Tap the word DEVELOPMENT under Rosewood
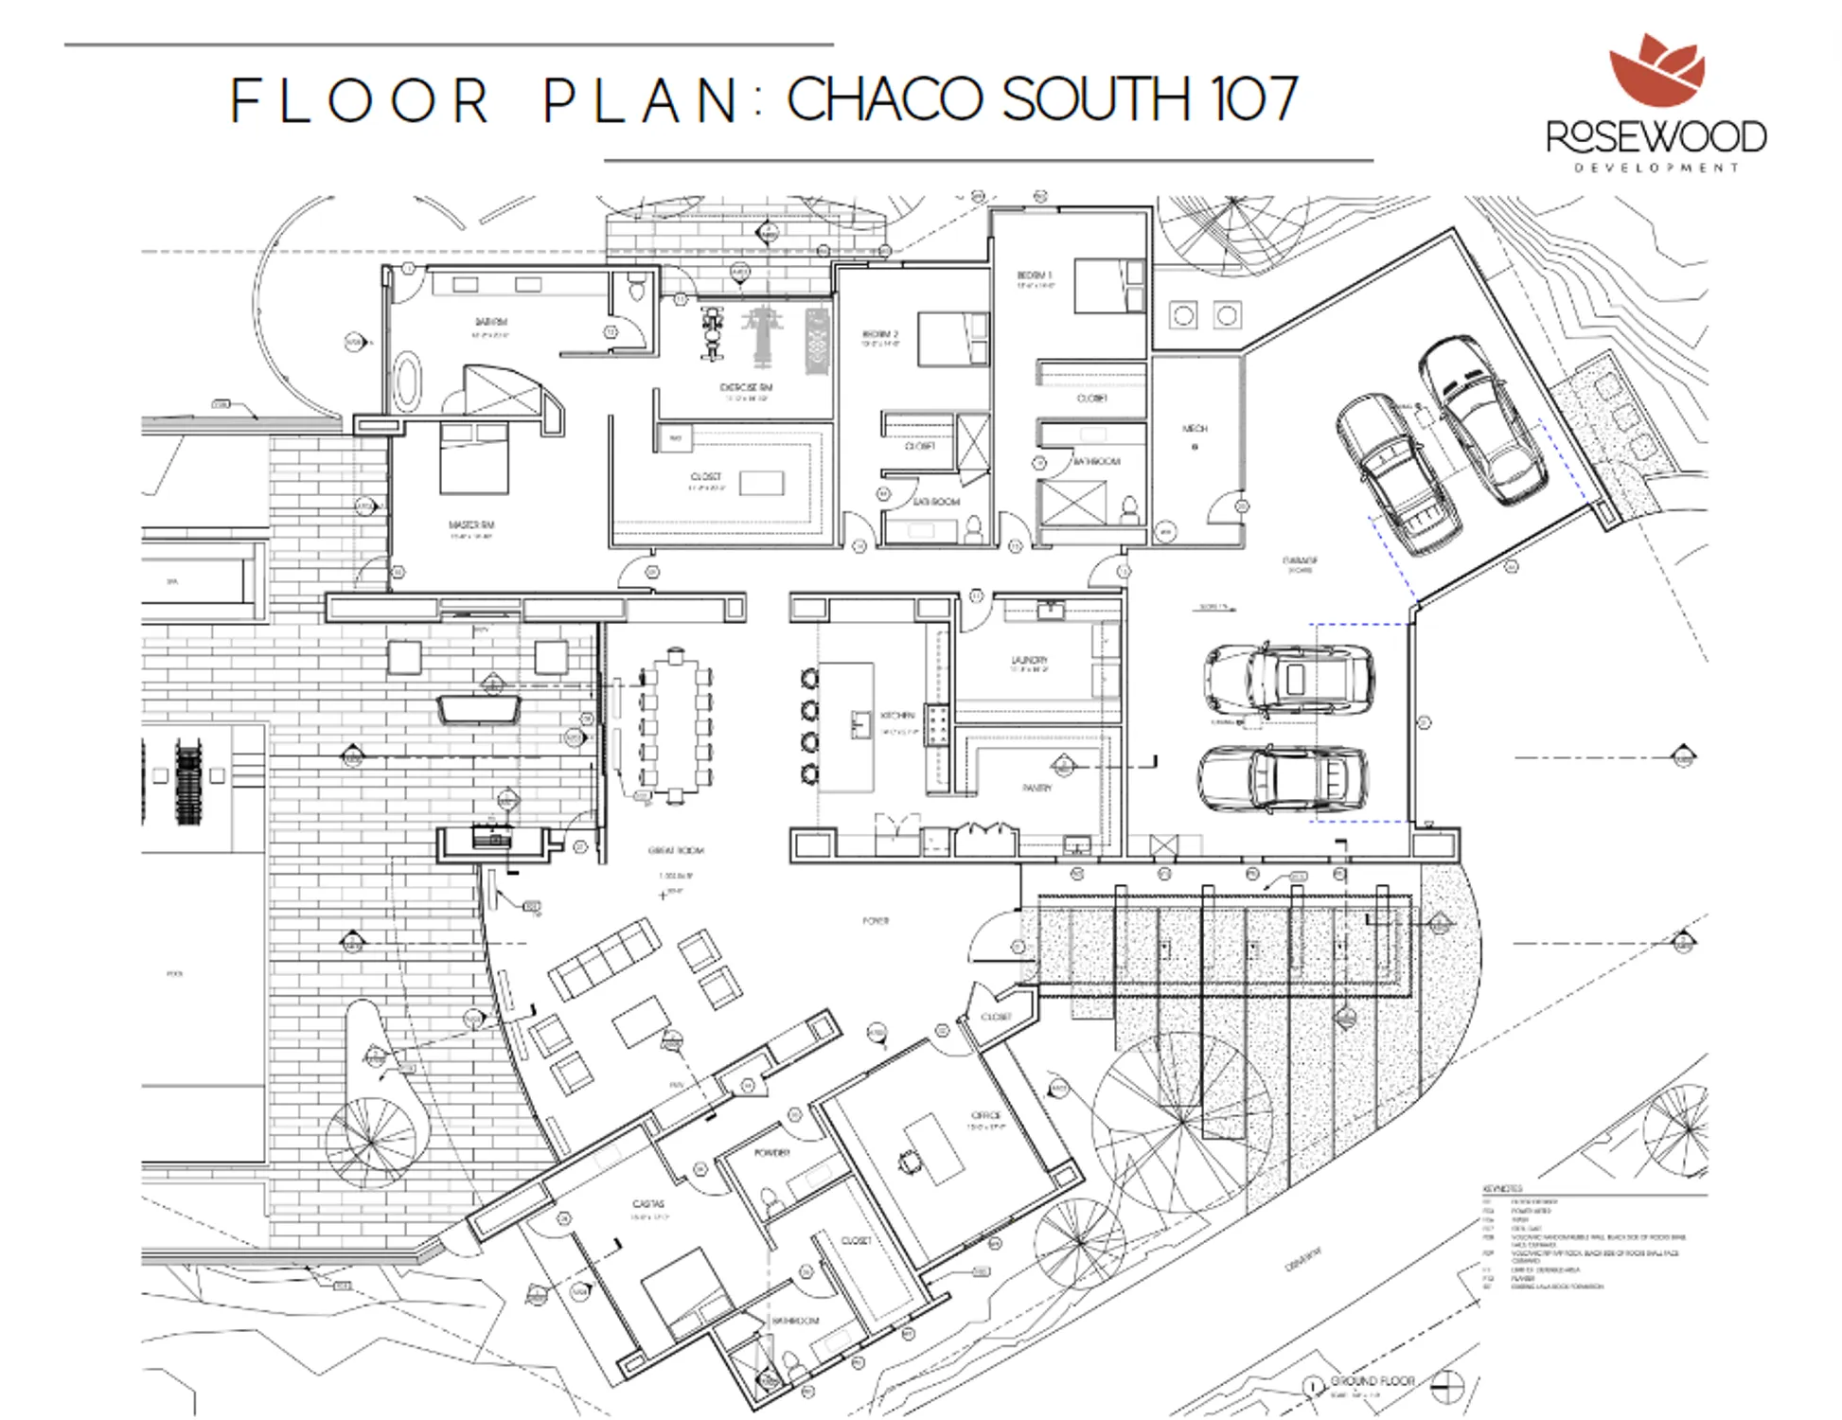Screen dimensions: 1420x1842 pos(1656,168)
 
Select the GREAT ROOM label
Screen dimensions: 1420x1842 pos(675,850)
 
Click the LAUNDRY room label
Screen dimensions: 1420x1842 pos(1029,660)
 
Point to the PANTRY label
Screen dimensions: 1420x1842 pos(1036,788)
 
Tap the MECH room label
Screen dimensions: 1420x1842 pos(1195,429)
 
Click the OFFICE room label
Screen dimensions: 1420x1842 pos(985,1115)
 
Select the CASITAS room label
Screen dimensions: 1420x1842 pos(648,1203)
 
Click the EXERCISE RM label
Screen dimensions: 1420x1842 pos(746,387)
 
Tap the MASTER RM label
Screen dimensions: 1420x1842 pos(470,524)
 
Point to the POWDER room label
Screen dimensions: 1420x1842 pos(771,1153)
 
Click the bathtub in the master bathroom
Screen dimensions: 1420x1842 pos(407,381)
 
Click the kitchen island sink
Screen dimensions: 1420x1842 pos(860,724)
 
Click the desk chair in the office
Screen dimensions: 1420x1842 pos(909,1161)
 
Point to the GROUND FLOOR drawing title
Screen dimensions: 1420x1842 pos(1372,1381)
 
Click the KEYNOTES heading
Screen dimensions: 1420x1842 pos(1502,1188)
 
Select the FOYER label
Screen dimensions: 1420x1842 pos(876,920)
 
